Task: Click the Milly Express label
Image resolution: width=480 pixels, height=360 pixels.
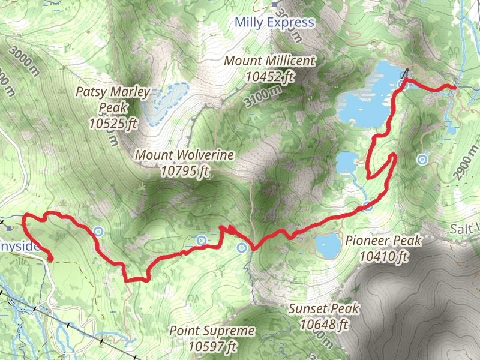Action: pyautogui.click(x=274, y=23)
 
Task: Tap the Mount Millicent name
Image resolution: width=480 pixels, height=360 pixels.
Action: pyautogui.click(x=269, y=61)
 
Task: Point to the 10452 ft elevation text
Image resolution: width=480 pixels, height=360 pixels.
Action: pyautogui.click(x=270, y=76)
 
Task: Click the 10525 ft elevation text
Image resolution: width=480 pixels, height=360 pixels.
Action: pyautogui.click(x=113, y=124)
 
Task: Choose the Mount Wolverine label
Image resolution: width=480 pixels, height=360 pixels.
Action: pyautogui.click(x=184, y=155)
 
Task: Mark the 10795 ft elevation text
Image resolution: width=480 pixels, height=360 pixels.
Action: pyautogui.click(x=184, y=170)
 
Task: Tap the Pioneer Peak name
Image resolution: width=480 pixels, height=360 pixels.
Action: pyautogui.click(x=384, y=240)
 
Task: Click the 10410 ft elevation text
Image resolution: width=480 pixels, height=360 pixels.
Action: pyautogui.click(x=384, y=256)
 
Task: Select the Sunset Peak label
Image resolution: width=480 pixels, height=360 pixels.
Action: pyautogui.click(x=324, y=308)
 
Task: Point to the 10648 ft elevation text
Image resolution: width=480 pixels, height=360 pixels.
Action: pyautogui.click(x=324, y=325)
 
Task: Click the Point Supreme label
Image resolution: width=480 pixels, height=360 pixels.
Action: pyautogui.click(x=212, y=331)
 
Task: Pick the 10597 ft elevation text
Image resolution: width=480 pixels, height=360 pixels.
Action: pyautogui.click(x=212, y=346)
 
